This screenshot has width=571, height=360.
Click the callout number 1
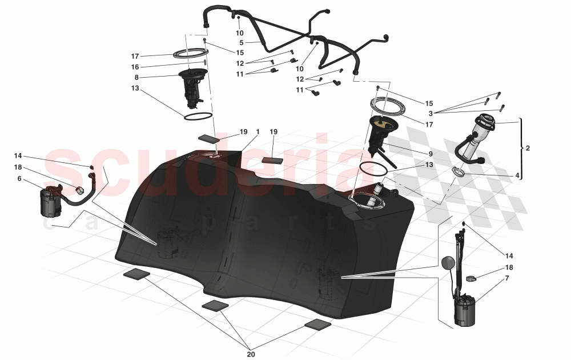point(258,131)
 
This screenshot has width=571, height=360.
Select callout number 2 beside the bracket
point(528,149)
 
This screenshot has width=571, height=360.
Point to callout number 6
point(19,179)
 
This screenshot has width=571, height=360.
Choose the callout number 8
point(136,77)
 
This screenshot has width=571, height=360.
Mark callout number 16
point(135,67)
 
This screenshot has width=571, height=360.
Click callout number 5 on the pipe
point(242,43)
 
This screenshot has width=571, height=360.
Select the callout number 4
point(517,176)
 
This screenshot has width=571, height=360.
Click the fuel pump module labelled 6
point(50,202)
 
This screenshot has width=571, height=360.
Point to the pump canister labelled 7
point(465,311)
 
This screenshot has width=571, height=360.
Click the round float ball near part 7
point(447,263)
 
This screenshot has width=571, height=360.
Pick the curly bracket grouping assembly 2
point(521,149)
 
